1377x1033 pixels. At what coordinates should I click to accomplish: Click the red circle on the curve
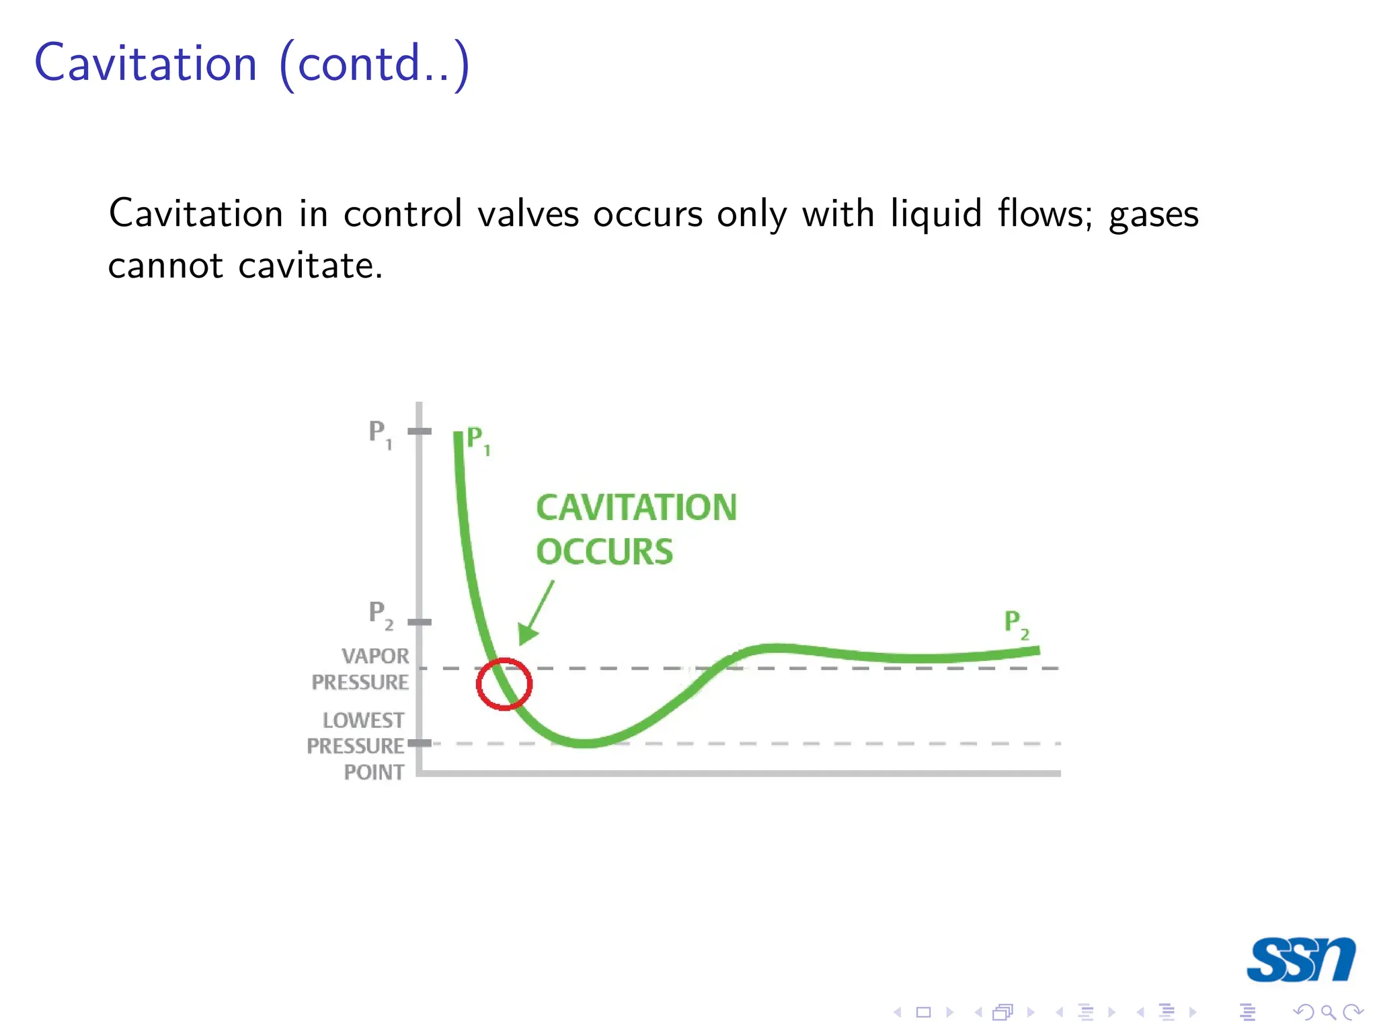tap(504, 684)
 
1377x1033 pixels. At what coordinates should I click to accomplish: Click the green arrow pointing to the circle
tap(537, 613)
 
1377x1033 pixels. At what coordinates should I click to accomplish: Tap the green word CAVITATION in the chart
tap(636, 507)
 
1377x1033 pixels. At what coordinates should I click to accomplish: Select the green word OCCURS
tap(604, 551)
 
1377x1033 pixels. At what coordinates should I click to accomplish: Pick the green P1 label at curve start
tap(478, 440)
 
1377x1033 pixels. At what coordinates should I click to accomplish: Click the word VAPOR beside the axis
tap(375, 656)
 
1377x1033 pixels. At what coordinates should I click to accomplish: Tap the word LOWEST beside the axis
tap(363, 720)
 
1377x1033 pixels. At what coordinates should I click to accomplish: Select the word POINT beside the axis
tap(374, 772)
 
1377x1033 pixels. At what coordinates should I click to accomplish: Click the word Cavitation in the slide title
tap(146, 63)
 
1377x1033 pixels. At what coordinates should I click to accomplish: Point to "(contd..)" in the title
tap(374, 65)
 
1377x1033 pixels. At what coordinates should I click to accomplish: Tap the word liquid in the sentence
tap(936, 215)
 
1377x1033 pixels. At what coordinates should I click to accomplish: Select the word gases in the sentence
tap(1153, 215)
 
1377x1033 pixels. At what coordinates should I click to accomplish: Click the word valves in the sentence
tap(528, 215)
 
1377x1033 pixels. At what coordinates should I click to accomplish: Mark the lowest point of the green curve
tap(585, 743)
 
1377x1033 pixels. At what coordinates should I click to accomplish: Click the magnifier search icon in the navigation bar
tap(1328, 1011)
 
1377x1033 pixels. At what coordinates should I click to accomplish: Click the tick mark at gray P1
tap(420, 431)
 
